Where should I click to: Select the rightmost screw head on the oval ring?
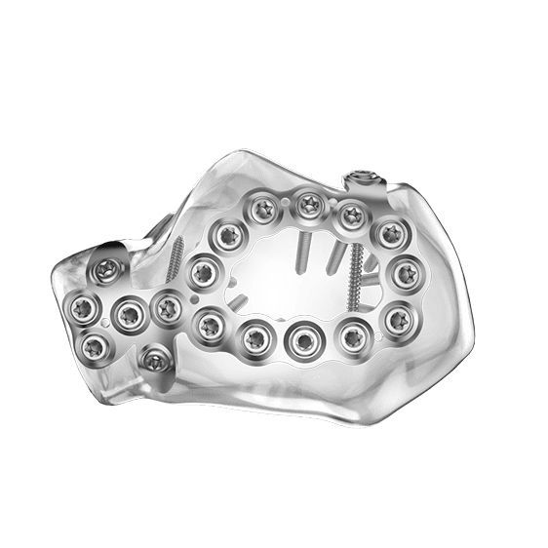coord(405,275)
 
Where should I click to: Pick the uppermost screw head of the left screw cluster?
coord(109,269)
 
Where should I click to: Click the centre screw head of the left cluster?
coord(128,313)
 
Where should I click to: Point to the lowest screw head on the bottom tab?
coord(155,362)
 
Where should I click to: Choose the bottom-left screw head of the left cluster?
coord(95,343)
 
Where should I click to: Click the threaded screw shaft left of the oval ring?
coord(176,256)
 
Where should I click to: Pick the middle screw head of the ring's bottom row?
coord(300,339)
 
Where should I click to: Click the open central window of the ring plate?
coord(283,283)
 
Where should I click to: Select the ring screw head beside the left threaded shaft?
coord(204,273)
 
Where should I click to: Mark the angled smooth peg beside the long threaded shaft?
coord(334,258)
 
